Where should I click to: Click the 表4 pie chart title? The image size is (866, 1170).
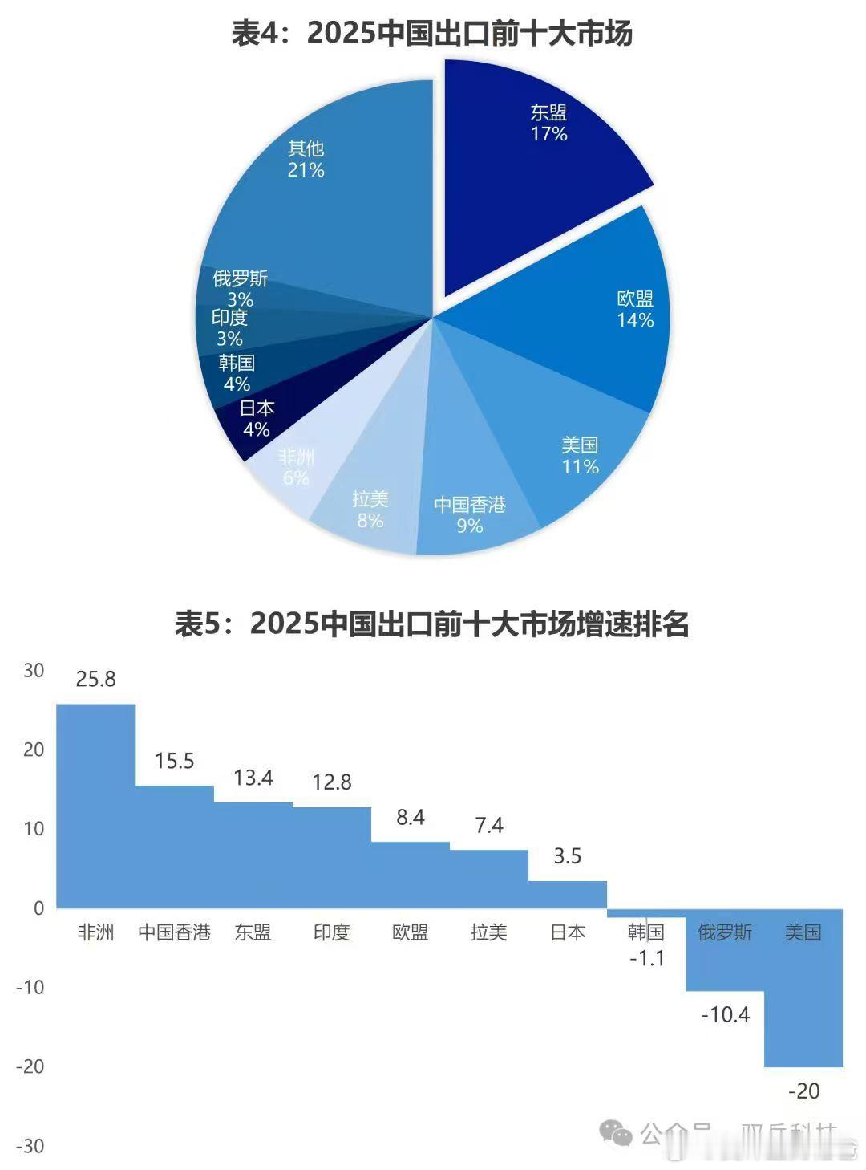click(432, 34)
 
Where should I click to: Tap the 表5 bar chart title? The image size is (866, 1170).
click(432, 624)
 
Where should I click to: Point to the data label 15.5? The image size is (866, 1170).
click(174, 761)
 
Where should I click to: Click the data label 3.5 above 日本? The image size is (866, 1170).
click(567, 856)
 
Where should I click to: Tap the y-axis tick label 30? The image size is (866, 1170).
click(34, 671)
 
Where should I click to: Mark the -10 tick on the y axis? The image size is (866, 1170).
click(30, 988)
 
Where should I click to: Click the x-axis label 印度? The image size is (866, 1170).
click(332, 932)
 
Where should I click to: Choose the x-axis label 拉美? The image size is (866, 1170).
click(489, 932)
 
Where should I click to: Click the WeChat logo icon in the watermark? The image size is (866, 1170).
click(616, 1134)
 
